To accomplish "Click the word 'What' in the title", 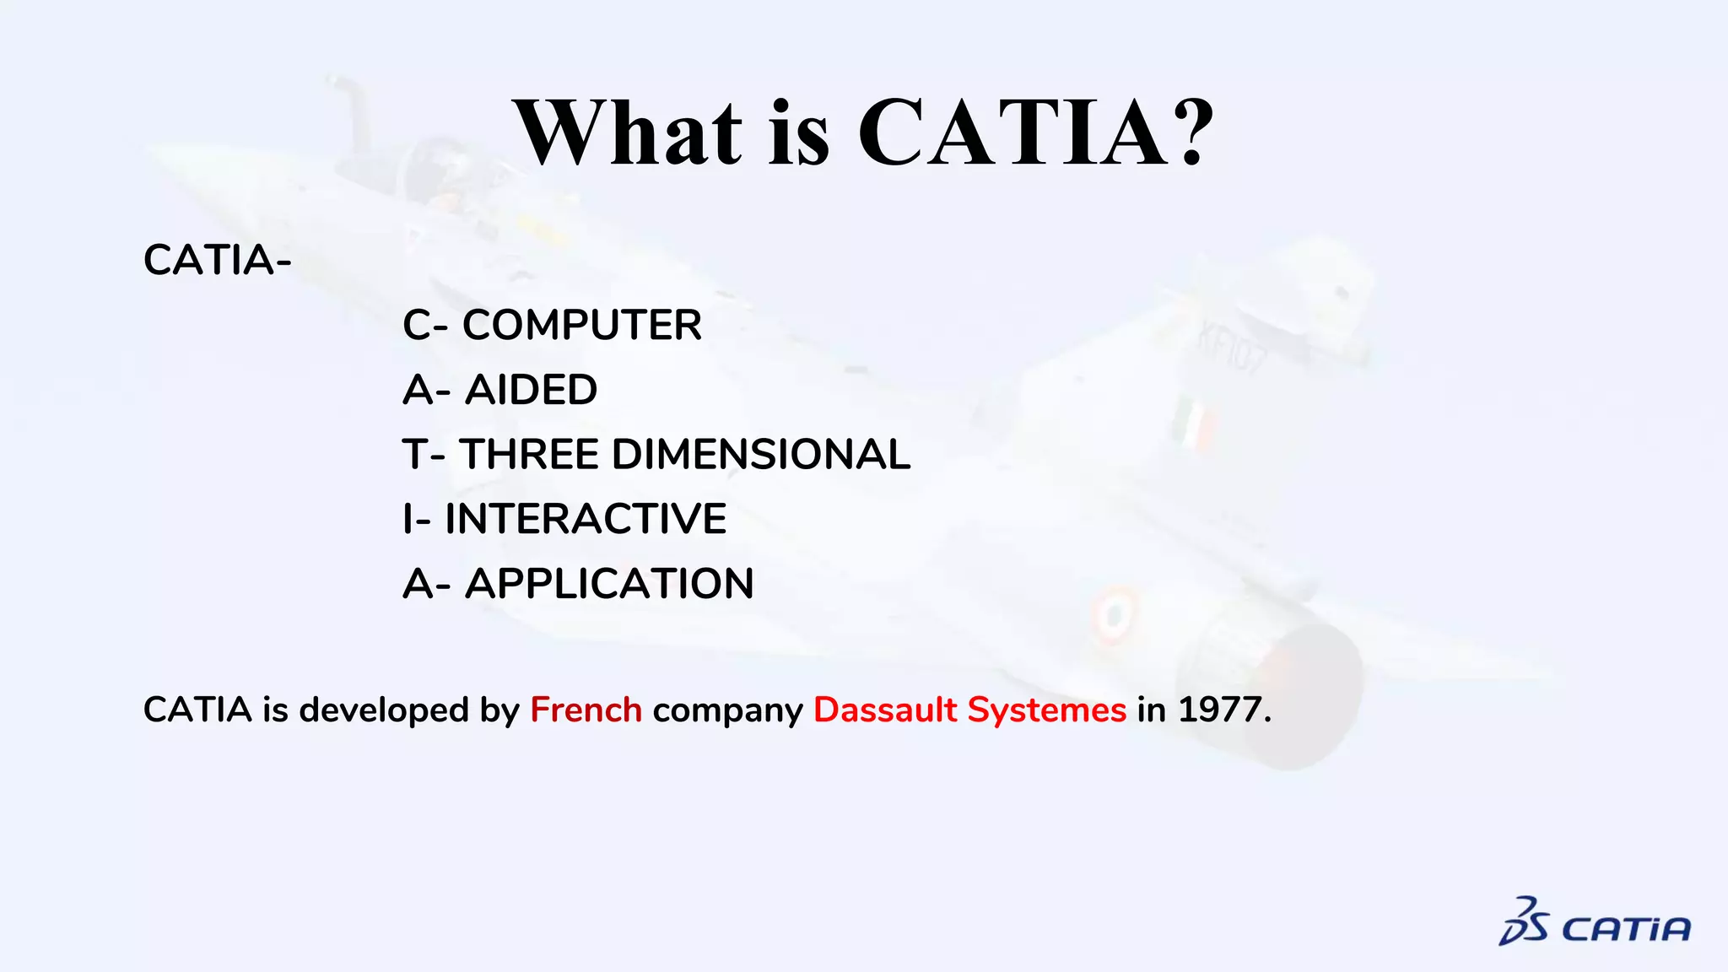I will click(629, 133).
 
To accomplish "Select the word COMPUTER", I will click(581, 326).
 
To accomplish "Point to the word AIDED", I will click(531, 391).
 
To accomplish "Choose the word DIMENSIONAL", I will click(761, 455).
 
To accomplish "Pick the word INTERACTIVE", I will click(585, 519).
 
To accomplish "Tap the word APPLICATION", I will click(609, 584).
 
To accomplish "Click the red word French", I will click(586, 710).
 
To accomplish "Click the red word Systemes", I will click(1046, 710).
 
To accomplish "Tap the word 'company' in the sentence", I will click(727, 710).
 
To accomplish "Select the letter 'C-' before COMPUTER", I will click(425, 326).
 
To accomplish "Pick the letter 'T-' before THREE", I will click(424, 455).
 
